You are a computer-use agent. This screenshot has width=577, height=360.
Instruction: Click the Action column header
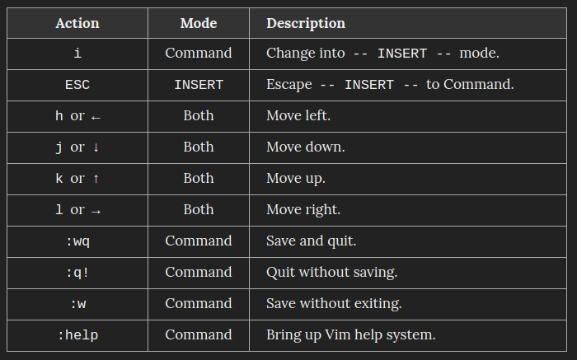coord(77,23)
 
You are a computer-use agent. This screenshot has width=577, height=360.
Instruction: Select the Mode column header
coord(199,23)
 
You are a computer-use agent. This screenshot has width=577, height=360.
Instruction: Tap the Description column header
coord(306,24)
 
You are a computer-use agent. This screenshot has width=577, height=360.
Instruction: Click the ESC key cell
coord(77,85)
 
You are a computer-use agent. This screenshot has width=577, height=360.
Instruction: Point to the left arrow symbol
coord(96,118)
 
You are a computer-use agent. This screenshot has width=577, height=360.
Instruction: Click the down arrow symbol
coord(96,147)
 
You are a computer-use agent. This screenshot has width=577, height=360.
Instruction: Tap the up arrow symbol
coord(96,179)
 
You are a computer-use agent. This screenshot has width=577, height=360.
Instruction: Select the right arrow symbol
coord(96,212)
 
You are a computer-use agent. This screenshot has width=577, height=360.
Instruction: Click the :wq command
coord(77,241)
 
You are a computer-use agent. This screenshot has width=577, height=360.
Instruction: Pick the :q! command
coord(77,273)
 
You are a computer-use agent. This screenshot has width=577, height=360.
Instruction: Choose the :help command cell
coord(77,335)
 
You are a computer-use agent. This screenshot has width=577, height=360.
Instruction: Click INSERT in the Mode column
coord(199,85)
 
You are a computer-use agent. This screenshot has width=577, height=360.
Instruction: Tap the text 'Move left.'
coord(298,116)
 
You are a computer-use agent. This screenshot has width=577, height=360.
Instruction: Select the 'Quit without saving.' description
coord(332,273)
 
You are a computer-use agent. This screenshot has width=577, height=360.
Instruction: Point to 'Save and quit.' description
coord(312,241)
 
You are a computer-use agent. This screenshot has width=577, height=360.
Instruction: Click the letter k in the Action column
coord(59,178)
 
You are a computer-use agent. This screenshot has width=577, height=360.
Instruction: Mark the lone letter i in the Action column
coord(77,54)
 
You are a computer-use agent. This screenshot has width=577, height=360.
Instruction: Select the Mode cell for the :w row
coord(199,304)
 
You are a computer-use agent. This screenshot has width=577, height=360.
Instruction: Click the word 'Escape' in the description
coord(289,85)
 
